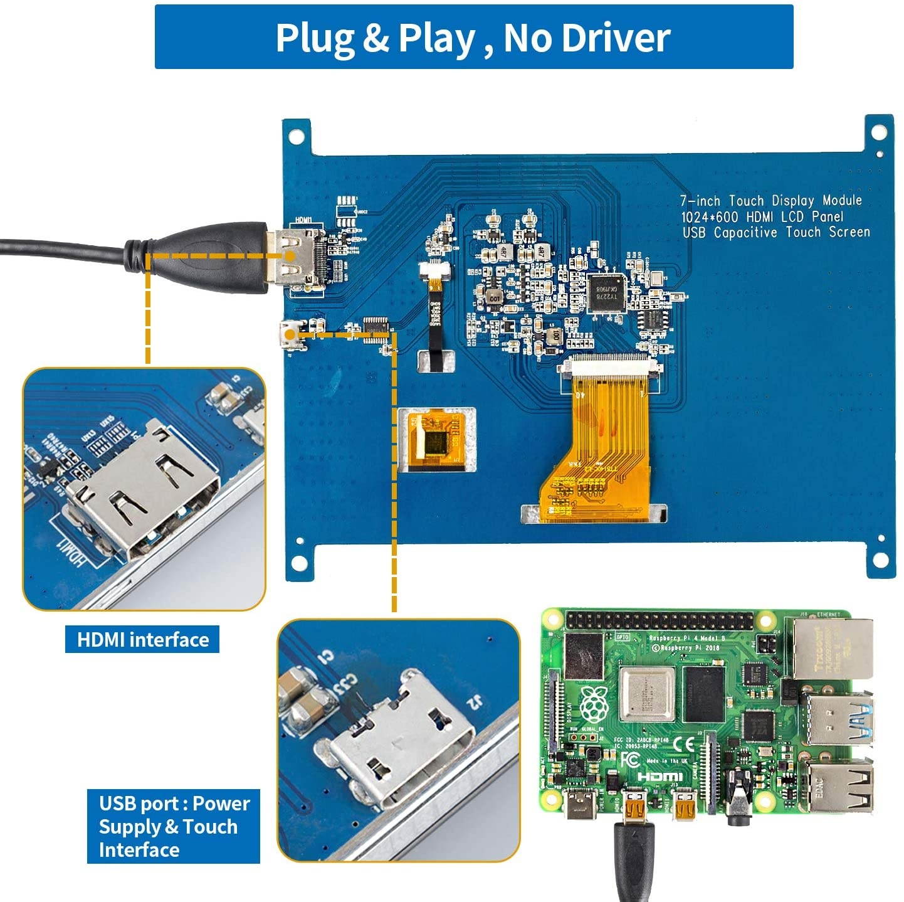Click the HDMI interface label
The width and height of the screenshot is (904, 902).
tap(142, 640)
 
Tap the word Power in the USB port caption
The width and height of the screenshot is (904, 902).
tap(221, 804)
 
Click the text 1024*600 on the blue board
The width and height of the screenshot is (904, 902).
tap(711, 217)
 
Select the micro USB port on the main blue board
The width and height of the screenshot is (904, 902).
tap(289, 334)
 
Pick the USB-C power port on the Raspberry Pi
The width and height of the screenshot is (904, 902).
tap(577, 805)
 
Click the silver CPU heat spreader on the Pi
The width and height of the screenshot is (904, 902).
tap(646, 694)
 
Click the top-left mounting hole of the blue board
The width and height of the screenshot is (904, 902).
tap(294, 135)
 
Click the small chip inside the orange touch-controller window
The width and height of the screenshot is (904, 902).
tap(438, 442)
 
